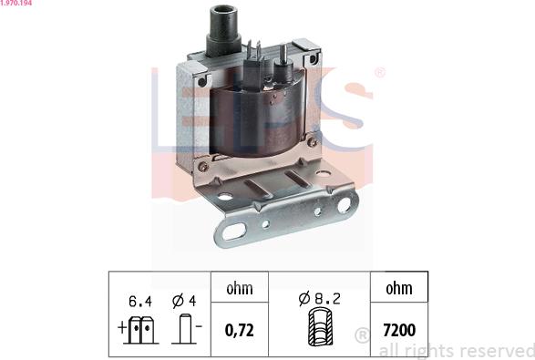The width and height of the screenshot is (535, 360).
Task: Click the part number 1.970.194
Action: click(16, 3)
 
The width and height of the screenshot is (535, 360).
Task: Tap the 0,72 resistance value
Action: click(239, 330)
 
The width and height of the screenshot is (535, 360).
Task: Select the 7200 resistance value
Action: click(399, 330)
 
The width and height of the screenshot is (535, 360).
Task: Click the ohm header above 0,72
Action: click(240, 289)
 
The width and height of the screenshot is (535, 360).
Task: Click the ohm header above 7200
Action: click(399, 289)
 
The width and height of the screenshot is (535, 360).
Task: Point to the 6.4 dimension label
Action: click(140, 302)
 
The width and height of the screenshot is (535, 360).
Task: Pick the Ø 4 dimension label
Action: click(184, 301)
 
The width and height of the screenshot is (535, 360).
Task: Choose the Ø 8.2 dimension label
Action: click(319, 299)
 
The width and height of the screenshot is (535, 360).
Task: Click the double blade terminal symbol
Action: click(141, 330)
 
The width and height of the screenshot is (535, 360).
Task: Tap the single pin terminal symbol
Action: click(185, 329)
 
